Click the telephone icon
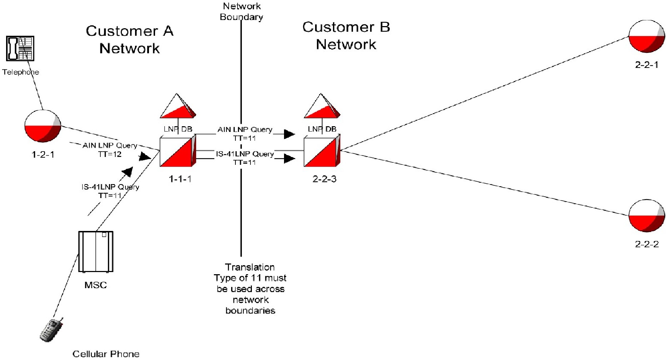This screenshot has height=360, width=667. pyautogui.click(x=20, y=48)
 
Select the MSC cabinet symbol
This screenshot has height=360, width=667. pyautogui.click(x=96, y=251)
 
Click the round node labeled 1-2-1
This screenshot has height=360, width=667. pyautogui.click(x=43, y=126)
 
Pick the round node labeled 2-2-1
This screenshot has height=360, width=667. pyautogui.click(x=647, y=36)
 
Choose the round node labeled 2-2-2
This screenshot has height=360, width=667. pyautogui.click(x=647, y=216)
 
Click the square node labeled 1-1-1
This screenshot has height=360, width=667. pyautogui.click(x=178, y=152)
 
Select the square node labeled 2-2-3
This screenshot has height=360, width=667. pyautogui.click(x=322, y=152)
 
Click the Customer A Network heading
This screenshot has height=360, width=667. pyautogui.click(x=129, y=39)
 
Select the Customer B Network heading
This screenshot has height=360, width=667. pyautogui.click(x=346, y=35)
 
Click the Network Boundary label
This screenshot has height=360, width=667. pyautogui.click(x=242, y=11)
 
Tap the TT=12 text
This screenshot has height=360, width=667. pyautogui.click(x=110, y=154)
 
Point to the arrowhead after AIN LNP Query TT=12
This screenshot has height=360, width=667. pyautogui.click(x=145, y=157)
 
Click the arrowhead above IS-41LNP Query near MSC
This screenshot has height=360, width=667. pyautogui.click(x=128, y=172)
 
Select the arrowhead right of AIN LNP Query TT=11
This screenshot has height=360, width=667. pyautogui.click(x=289, y=134)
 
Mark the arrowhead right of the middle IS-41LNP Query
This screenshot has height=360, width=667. pyautogui.click(x=289, y=158)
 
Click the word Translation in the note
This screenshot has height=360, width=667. pyautogui.click(x=250, y=267)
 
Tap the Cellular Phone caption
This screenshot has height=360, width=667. pyautogui.click(x=106, y=354)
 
